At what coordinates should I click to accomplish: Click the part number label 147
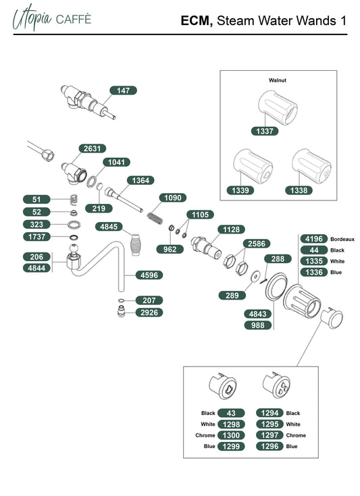point(123,90)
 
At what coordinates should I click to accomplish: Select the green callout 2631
point(92,148)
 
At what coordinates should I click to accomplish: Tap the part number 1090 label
point(172,198)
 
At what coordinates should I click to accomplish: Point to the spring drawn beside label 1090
point(155,218)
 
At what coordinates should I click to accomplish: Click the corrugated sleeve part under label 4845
point(136,245)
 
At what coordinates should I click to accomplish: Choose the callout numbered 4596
point(149,275)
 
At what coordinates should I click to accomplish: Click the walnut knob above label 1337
point(278,107)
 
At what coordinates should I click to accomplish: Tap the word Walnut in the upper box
point(278,80)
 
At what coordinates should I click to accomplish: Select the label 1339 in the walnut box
point(240,190)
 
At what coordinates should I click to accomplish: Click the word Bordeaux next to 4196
point(342,239)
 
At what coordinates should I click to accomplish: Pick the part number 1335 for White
point(314,261)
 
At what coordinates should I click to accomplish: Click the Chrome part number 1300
point(231,435)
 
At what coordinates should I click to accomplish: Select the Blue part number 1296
point(269,446)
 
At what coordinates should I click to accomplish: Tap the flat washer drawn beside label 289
point(255,277)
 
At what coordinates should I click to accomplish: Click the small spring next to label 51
point(74,200)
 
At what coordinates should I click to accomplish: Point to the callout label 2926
point(149,312)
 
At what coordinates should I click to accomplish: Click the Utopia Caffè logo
point(52,18)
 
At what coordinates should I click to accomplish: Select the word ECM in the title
point(197,21)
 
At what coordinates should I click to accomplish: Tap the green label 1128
point(232,229)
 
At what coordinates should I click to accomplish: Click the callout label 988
point(258,325)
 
